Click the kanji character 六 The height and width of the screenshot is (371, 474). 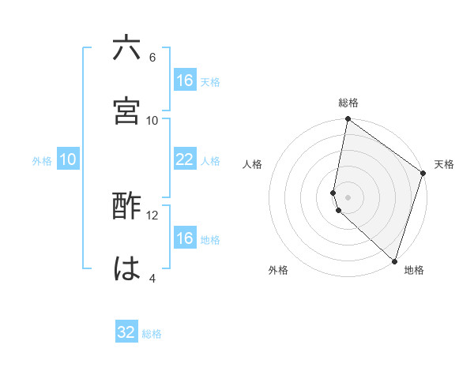tap(126, 49)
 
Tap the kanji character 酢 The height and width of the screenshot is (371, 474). tap(126, 207)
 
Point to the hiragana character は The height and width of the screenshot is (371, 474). tap(126, 269)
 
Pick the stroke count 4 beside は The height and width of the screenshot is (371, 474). tap(152, 278)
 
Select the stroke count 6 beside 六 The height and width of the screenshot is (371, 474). tap(152, 58)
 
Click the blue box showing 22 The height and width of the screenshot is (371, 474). tap(184, 159)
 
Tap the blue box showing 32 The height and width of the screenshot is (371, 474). tap(126, 332)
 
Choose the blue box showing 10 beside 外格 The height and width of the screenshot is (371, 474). tap(68, 159)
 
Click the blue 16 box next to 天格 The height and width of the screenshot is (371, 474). tap(184, 81)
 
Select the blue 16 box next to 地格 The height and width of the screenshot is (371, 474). tap(184, 238)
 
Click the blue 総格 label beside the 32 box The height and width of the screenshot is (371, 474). tap(152, 334)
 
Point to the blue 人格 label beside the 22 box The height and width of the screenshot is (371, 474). tap(210, 161)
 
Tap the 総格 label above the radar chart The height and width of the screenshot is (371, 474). tap(348, 103)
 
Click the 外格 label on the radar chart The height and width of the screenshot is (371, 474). tap(278, 270)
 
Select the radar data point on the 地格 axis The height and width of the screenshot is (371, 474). tap(395, 260)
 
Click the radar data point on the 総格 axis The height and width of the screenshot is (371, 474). tap(348, 119)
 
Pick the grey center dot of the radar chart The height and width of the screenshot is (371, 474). tap(348, 197)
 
